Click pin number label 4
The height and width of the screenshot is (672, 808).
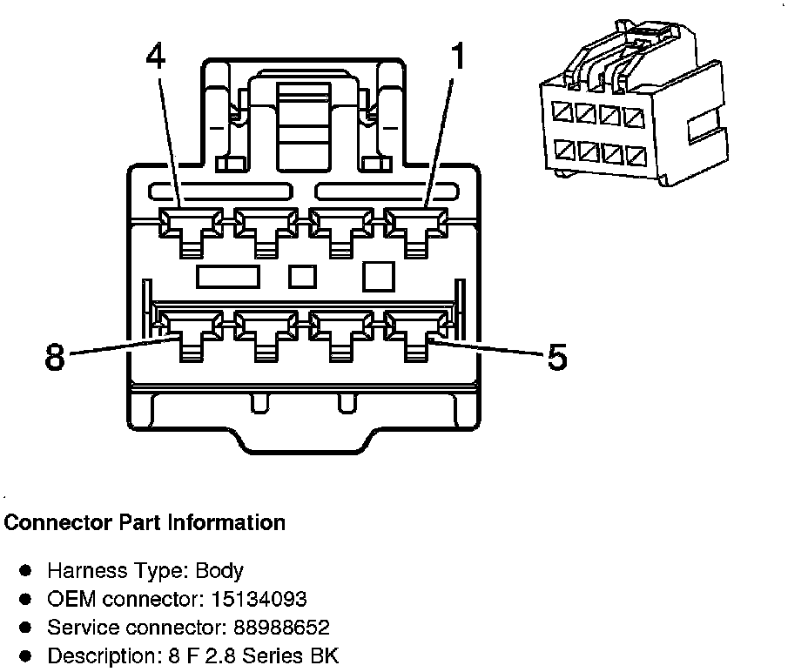(156, 58)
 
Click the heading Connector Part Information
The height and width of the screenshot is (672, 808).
(145, 523)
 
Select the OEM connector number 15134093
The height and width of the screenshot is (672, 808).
(257, 599)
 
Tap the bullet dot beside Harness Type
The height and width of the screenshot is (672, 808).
(26, 571)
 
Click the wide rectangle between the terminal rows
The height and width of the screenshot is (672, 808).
(228, 277)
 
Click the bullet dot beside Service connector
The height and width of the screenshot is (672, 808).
(26, 628)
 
